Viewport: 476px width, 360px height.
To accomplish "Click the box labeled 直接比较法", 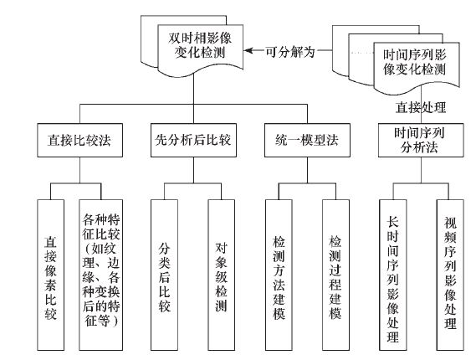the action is coord(79,140).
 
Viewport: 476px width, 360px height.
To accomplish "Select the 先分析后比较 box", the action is coord(193,140).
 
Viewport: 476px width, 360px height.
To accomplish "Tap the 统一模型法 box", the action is coord(307,140).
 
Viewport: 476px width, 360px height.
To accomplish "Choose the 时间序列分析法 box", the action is coord(421,140).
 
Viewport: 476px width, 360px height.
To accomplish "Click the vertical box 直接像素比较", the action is coord(51,275).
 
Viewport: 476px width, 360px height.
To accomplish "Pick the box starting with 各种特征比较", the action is coord(100,275).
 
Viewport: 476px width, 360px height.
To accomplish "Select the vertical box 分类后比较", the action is coord(164,275).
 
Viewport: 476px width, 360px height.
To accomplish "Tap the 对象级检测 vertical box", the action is coord(222,275).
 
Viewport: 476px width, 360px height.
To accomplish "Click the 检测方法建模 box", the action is coord(279,275).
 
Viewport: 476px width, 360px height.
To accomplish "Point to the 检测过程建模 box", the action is coord(335,275).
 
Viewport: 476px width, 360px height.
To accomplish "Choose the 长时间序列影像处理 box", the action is coord(393,275).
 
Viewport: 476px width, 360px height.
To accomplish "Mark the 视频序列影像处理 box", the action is coord(450,275).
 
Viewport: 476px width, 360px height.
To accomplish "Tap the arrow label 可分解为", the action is coord(290,52).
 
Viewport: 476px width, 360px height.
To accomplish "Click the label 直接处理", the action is coord(421,107).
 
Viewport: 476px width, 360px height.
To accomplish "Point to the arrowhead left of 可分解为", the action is coord(248,50).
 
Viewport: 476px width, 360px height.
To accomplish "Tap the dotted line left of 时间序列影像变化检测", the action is coord(362,53).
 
